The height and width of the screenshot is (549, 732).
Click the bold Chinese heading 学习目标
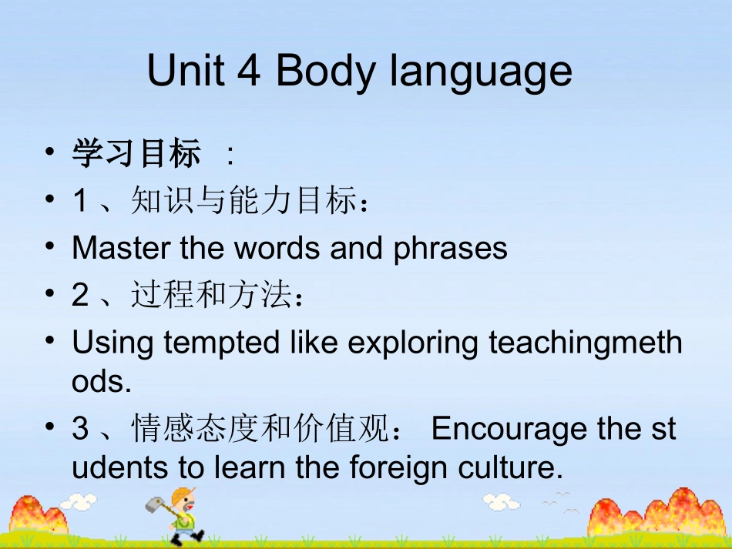[136, 154]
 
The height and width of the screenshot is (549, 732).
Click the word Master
[121, 248]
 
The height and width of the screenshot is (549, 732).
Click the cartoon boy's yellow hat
[183, 494]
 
